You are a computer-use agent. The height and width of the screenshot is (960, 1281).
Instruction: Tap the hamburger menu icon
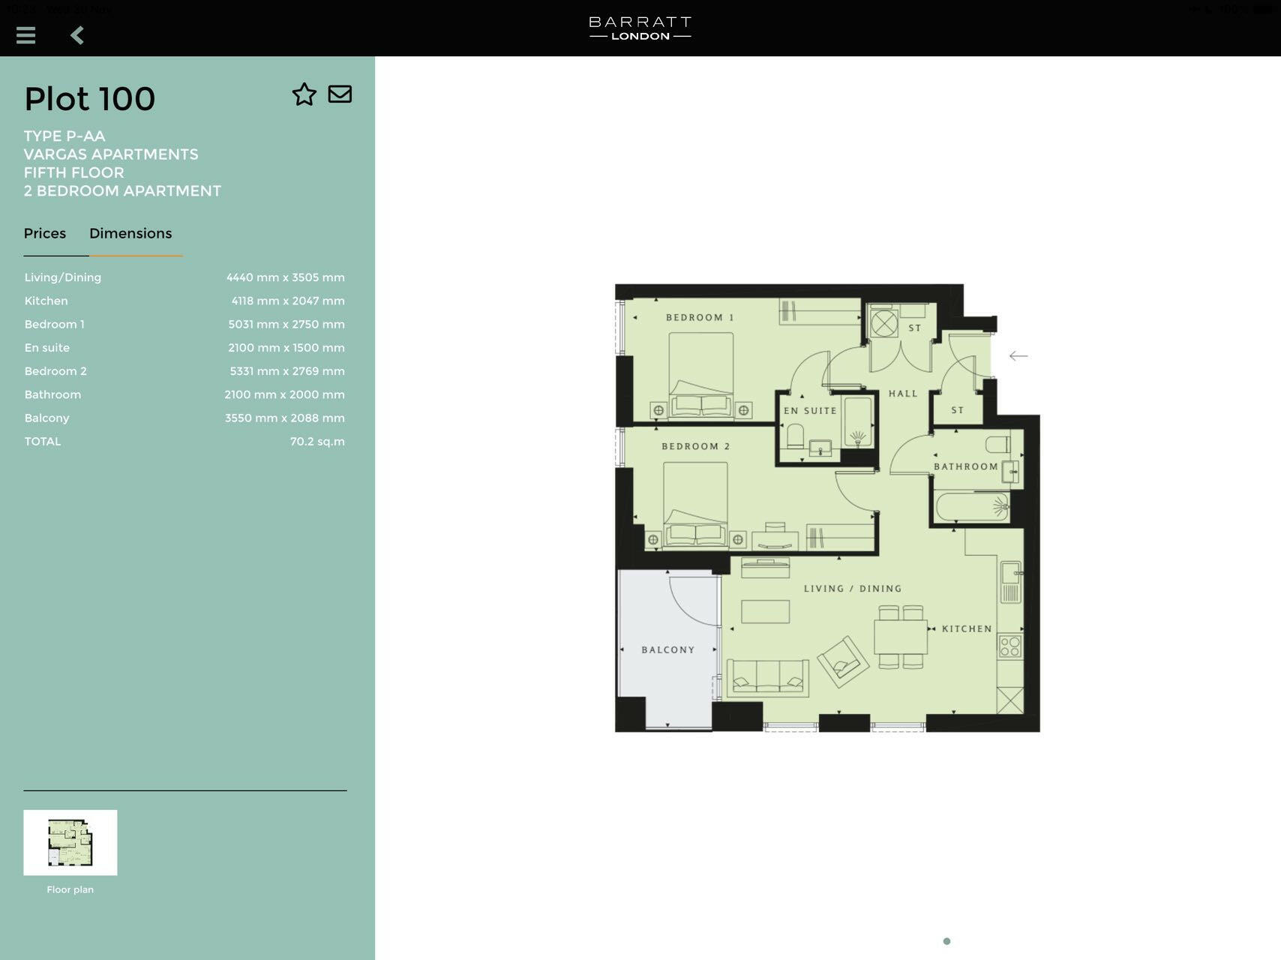pyautogui.click(x=25, y=35)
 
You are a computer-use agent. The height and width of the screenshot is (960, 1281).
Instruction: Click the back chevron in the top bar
pyautogui.click(x=77, y=35)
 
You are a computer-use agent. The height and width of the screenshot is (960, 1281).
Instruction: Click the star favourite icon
pyautogui.click(x=304, y=94)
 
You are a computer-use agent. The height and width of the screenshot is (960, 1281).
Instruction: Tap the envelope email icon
pyautogui.click(x=340, y=94)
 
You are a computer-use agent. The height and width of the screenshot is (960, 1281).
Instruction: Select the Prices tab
pyautogui.click(x=45, y=233)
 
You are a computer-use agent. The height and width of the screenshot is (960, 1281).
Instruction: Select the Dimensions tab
pyautogui.click(x=130, y=233)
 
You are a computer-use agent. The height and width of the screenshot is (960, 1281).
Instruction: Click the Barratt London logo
pyautogui.click(x=640, y=28)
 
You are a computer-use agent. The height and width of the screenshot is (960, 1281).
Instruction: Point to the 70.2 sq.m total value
pyautogui.click(x=317, y=442)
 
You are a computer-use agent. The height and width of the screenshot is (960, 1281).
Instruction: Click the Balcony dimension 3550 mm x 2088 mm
pyautogui.click(x=284, y=418)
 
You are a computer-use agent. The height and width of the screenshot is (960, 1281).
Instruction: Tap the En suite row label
pyautogui.click(x=46, y=348)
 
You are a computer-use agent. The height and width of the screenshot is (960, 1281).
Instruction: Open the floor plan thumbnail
pyautogui.click(x=70, y=842)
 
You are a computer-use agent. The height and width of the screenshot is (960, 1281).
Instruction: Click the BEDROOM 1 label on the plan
pyautogui.click(x=699, y=318)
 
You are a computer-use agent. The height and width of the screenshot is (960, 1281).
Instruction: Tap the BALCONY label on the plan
pyautogui.click(x=667, y=650)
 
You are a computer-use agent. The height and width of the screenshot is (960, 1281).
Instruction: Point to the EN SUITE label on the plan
pyautogui.click(x=809, y=411)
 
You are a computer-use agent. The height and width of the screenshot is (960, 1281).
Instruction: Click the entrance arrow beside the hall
pyautogui.click(x=1018, y=356)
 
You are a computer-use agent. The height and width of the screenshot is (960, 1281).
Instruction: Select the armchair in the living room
pyautogui.click(x=843, y=661)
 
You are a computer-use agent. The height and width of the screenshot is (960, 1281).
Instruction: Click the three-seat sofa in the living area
pyautogui.click(x=767, y=678)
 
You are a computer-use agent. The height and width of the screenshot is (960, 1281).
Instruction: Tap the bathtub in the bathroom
pyautogui.click(x=971, y=507)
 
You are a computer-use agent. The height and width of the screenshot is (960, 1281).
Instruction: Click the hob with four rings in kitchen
pyautogui.click(x=1009, y=646)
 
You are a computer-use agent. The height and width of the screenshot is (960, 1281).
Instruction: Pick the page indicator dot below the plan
pyautogui.click(x=946, y=941)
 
